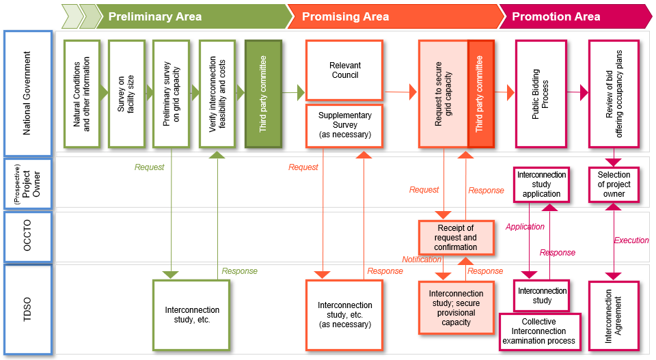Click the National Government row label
[27, 93]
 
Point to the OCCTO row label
[27, 236]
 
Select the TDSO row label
[27, 309]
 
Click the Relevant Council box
[344, 70]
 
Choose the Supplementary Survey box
[344, 125]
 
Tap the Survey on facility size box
[126, 94]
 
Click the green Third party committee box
[263, 94]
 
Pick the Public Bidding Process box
[541, 94]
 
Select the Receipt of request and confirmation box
[456, 237]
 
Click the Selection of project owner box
[614, 184]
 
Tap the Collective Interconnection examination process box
[540, 331]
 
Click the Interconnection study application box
[541, 184]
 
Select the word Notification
[422, 260]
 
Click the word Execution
[631, 240]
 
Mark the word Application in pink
[525, 227]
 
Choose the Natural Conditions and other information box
[82, 94]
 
